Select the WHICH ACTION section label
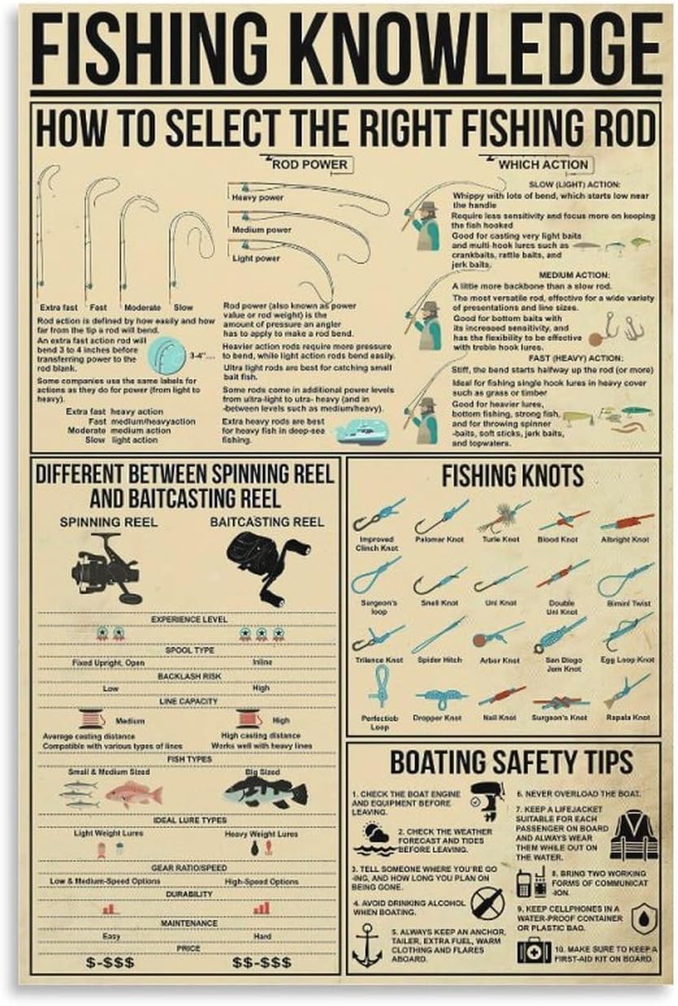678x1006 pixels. (x=542, y=164)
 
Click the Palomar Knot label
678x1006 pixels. (x=438, y=539)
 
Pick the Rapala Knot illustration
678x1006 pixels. (x=627, y=692)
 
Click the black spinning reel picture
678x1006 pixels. (x=106, y=568)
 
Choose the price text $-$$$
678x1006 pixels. (x=110, y=961)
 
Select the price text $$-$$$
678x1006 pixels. (x=261, y=961)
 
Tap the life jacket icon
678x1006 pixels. (x=633, y=835)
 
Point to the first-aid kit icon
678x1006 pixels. (x=533, y=950)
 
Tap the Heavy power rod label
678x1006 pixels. (x=257, y=197)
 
